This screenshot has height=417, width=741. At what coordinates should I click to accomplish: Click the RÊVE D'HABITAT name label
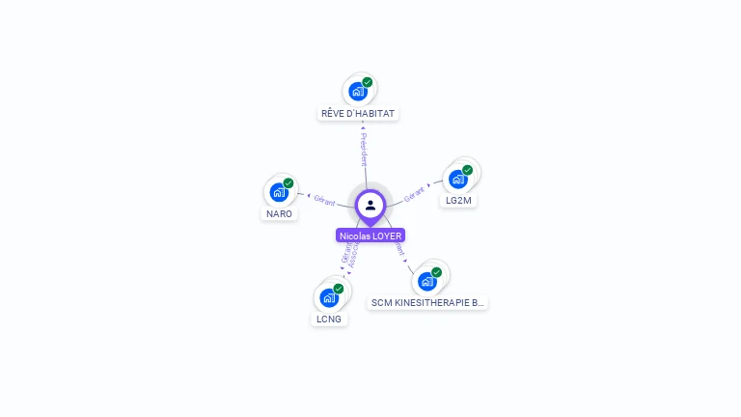(x=359, y=113)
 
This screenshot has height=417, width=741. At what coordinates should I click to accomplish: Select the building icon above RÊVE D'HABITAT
(x=358, y=92)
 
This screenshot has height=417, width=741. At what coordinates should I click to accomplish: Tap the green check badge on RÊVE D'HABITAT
(x=368, y=82)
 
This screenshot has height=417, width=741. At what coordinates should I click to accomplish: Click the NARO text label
(x=279, y=213)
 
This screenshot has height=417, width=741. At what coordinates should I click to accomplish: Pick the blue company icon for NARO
(x=279, y=192)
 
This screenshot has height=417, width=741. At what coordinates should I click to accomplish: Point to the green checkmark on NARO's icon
(x=288, y=183)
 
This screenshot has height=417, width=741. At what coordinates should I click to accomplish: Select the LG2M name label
(x=458, y=201)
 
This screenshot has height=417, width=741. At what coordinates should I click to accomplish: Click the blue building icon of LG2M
(x=458, y=179)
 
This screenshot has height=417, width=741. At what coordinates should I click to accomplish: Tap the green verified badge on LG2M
(x=468, y=170)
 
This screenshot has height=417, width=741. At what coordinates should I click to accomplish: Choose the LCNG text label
(x=329, y=319)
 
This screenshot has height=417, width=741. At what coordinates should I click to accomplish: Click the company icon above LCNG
(x=329, y=297)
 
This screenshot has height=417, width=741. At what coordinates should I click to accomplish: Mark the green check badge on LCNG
(x=339, y=289)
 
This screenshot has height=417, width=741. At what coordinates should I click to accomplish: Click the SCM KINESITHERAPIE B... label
(x=427, y=302)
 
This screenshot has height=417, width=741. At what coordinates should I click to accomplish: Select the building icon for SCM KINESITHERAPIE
(x=426, y=281)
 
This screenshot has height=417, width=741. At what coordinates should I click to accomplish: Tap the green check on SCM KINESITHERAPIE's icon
(x=436, y=272)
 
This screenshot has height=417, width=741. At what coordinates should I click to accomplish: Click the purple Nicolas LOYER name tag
(x=370, y=236)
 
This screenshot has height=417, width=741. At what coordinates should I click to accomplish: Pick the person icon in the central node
(x=370, y=205)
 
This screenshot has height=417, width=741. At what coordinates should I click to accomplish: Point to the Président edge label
(x=364, y=150)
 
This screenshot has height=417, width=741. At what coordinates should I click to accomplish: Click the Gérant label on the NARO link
(x=324, y=199)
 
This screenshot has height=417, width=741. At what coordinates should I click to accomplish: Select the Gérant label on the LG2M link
(x=415, y=193)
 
